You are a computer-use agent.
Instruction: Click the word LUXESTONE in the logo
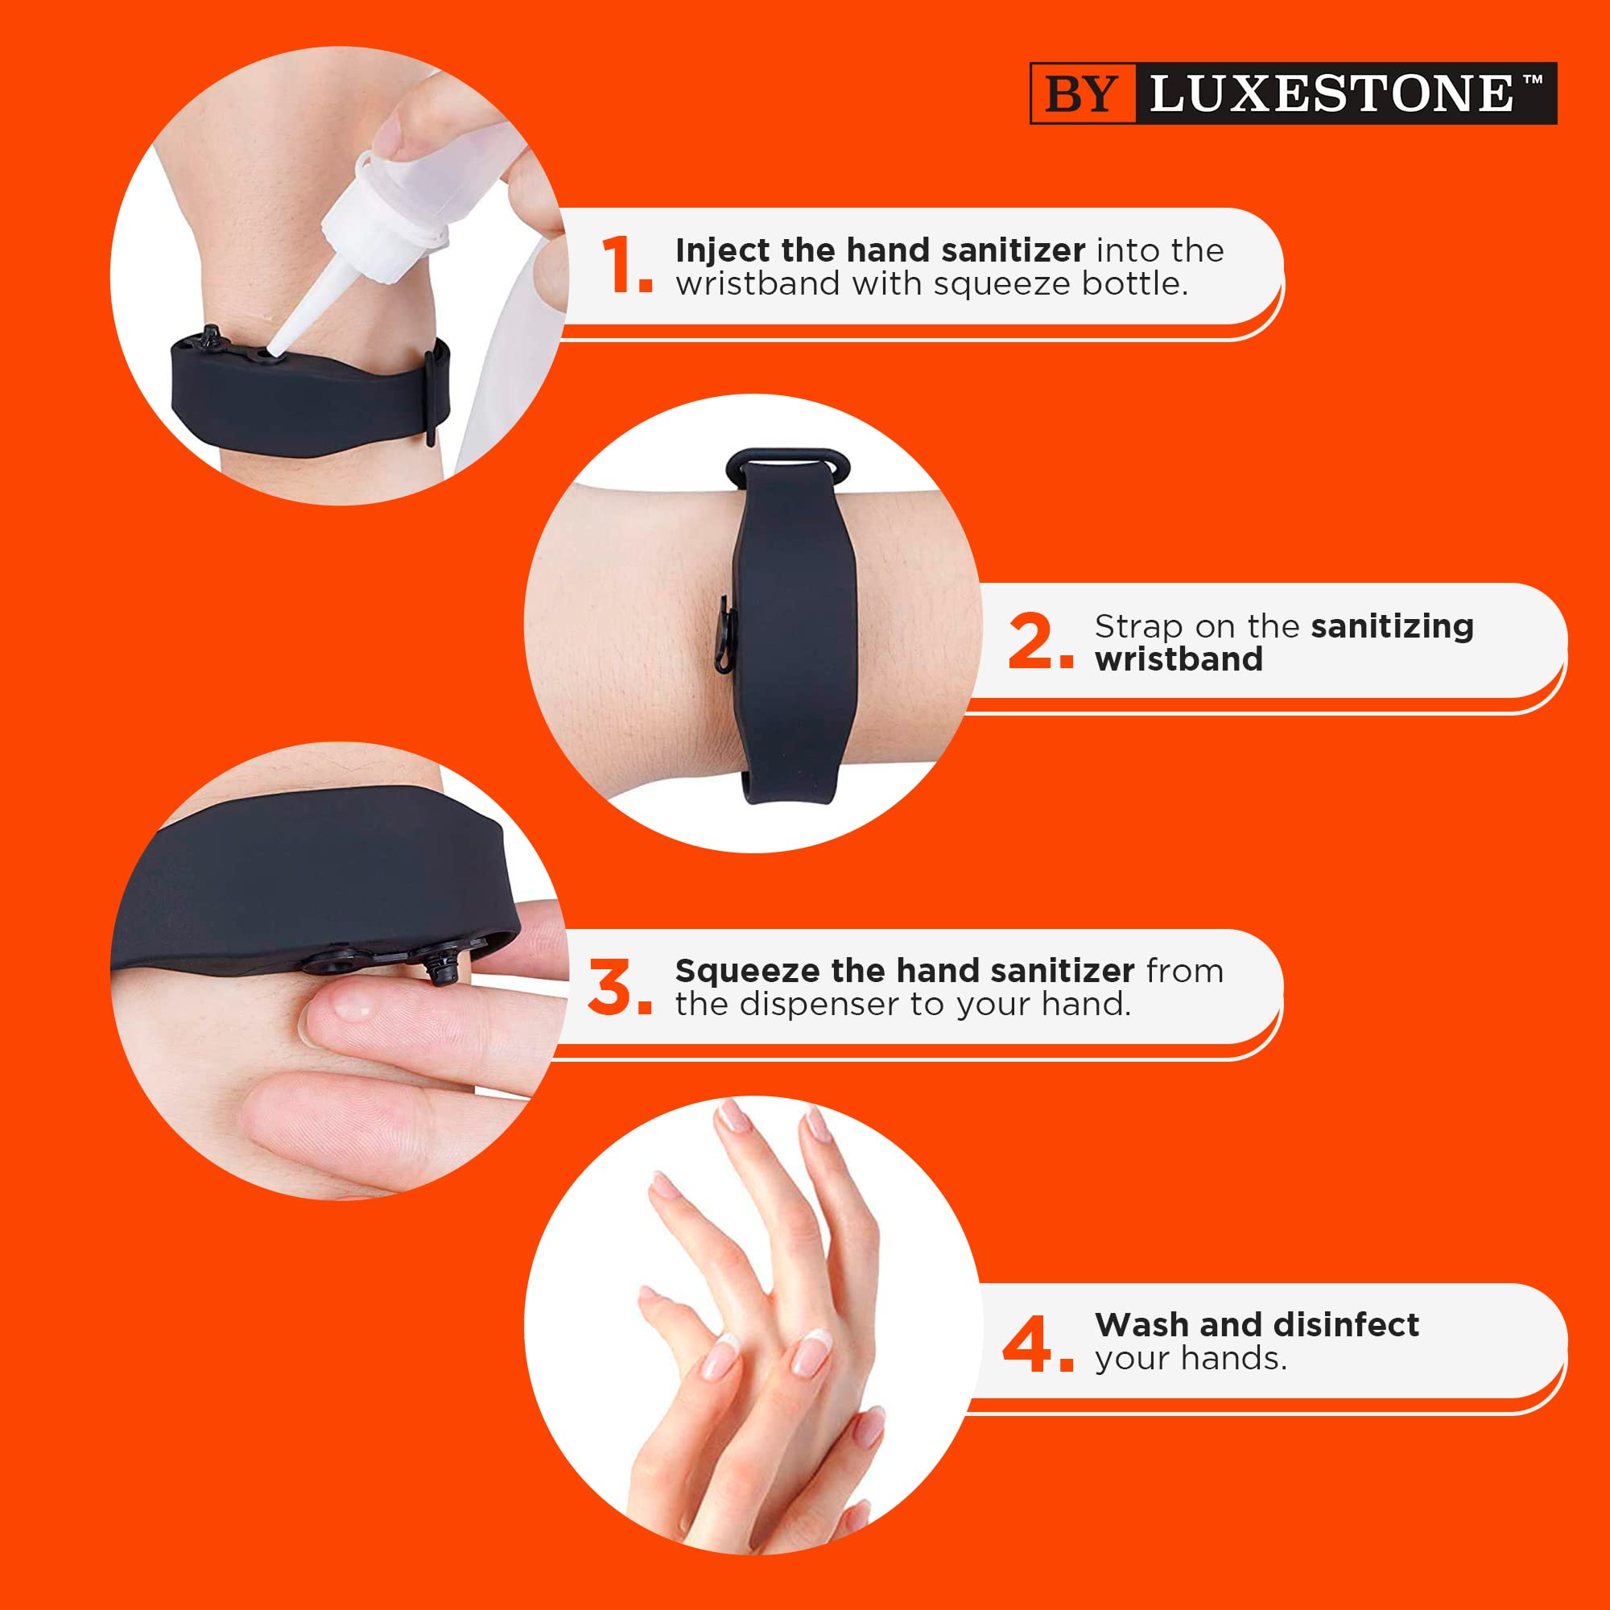coord(1330,93)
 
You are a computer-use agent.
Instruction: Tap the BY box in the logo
coord(1082,93)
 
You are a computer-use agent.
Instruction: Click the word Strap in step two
coord(1138,625)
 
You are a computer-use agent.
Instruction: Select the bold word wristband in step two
coord(1179,659)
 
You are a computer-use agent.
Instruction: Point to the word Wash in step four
coord(1140,1324)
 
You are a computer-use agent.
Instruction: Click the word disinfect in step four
coord(1345,1324)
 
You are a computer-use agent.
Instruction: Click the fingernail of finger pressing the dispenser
coord(350,1010)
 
